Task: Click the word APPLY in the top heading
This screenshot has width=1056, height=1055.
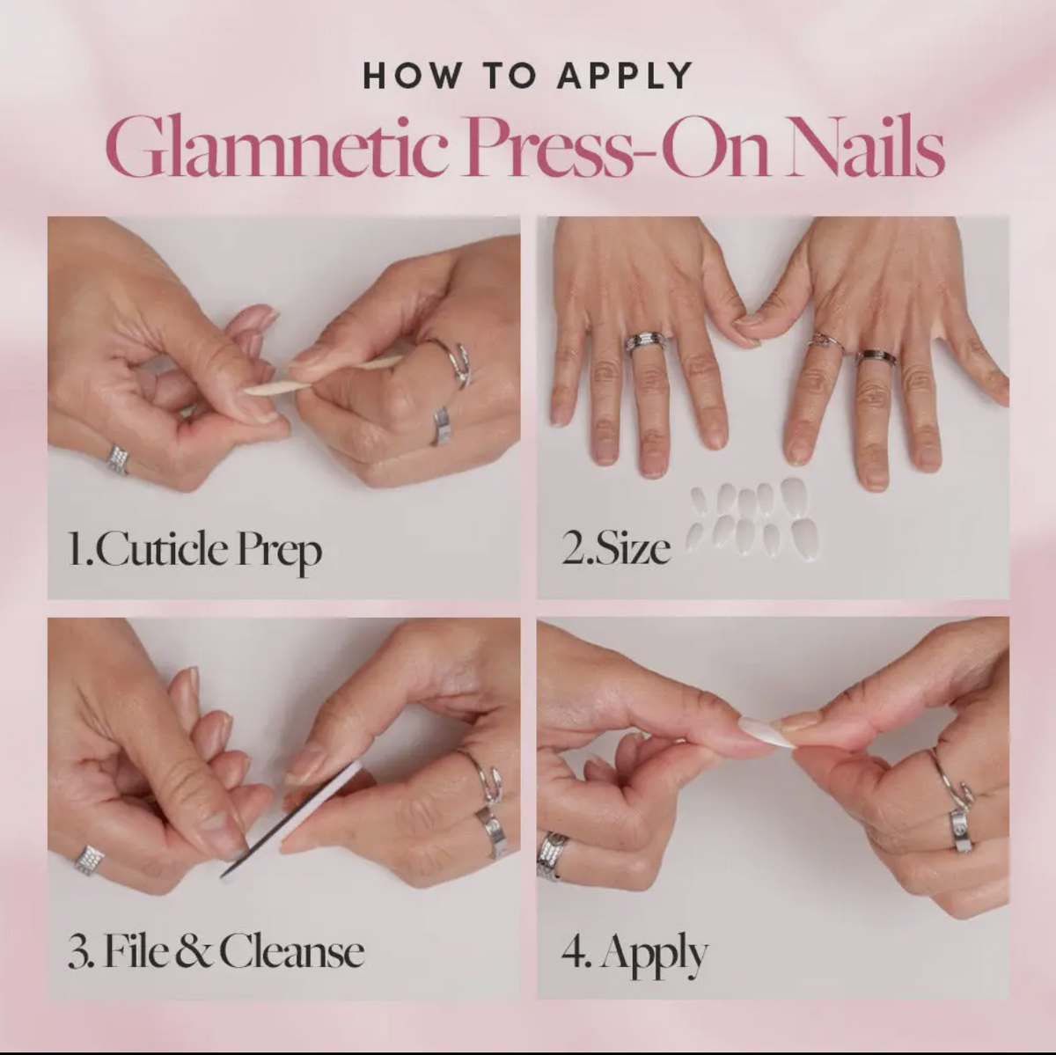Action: pyautogui.click(x=626, y=77)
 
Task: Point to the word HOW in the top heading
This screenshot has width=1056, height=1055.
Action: pyautogui.click(x=411, y=77)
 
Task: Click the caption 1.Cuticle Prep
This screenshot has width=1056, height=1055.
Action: pyautogui.click(x=194, y=550)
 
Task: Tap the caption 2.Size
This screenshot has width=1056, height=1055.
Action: pyautogui.click(x=616, y=548)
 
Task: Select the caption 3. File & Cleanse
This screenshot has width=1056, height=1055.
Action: pyautogui.click(x=216, y=952)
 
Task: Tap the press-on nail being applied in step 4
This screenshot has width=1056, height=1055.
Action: pyautogui.click(x=767, y=731)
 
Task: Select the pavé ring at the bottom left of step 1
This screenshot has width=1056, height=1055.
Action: pyautogui.click(x=118, y=458)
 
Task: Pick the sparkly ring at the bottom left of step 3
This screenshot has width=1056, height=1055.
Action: pyautogui.click(x=89, y=860)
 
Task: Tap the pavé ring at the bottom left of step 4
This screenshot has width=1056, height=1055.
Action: pyautogui.click(x=552, y=854)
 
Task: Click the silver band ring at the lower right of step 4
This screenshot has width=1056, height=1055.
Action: pyautogui.click(x=961, y=830)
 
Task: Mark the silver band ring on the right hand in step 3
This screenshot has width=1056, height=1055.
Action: pyautogui.click(x=493, y=830)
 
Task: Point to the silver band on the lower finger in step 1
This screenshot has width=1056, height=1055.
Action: pyautogui.click(x=442, y=426)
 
